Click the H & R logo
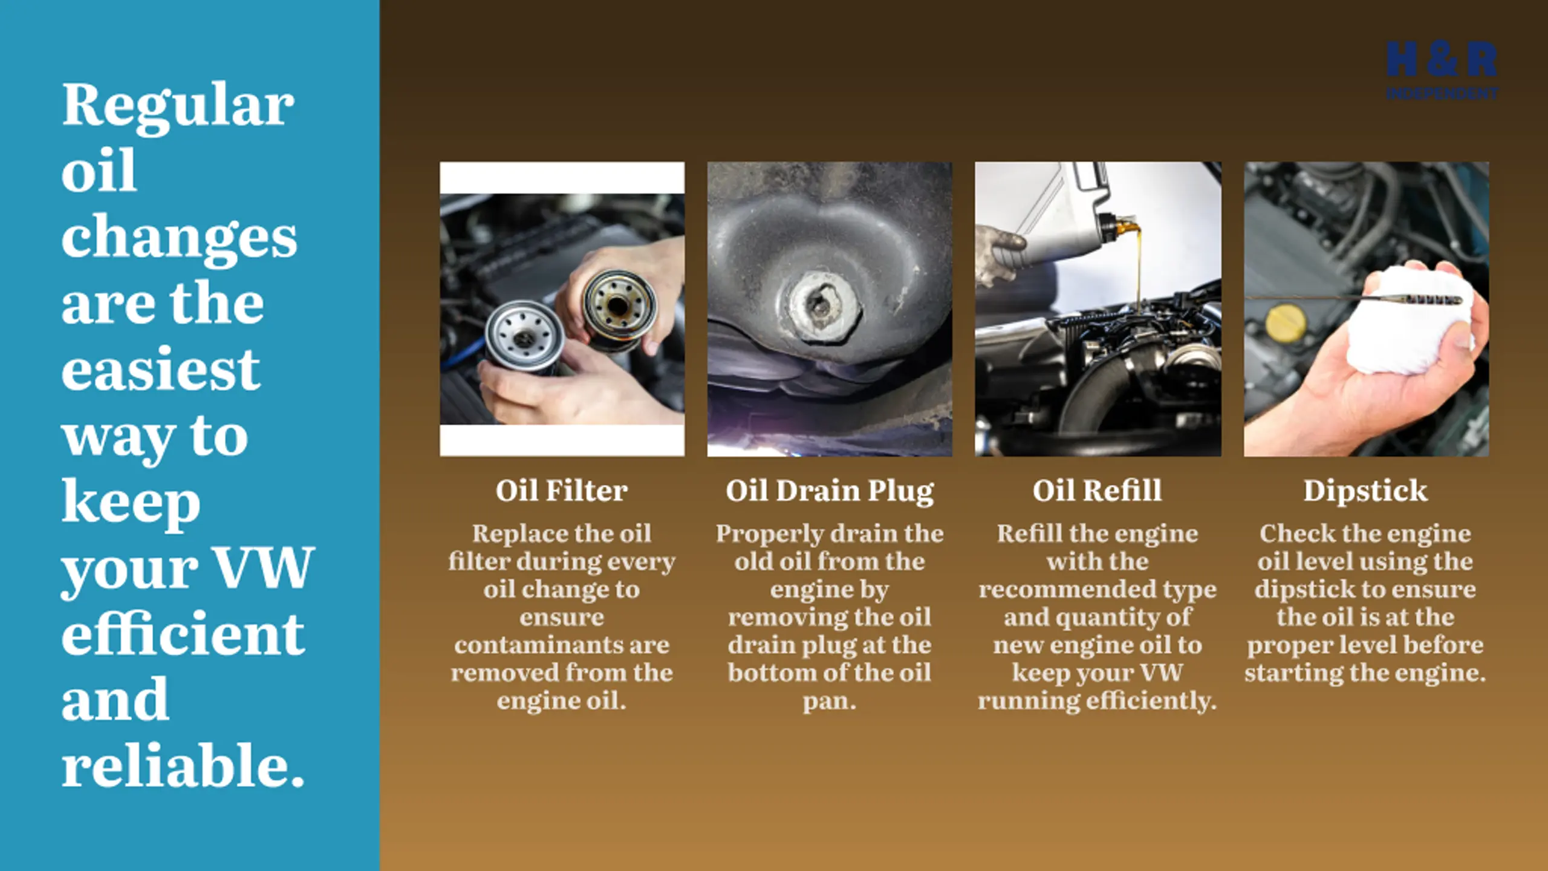1442,70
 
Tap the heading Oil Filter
562,490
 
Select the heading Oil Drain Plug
830,491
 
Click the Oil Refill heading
1097,490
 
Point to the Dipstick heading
1365,491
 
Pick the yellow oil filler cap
1286,322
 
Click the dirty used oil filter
619,308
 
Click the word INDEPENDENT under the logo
1442,93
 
